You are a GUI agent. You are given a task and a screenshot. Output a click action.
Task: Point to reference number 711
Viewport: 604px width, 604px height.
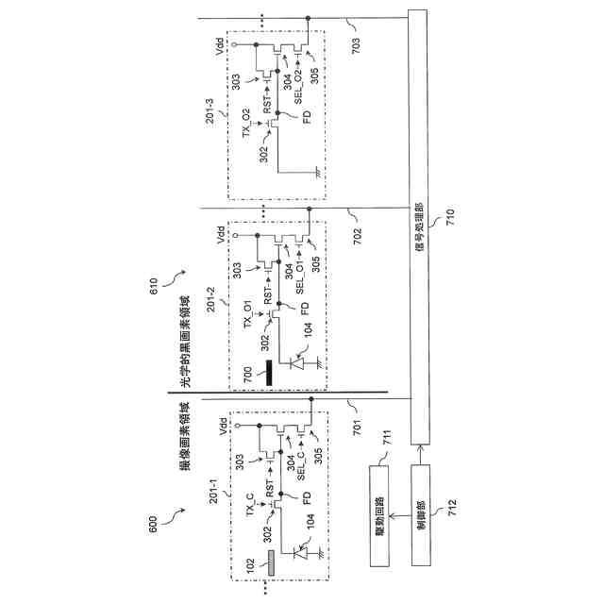point(385,441)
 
